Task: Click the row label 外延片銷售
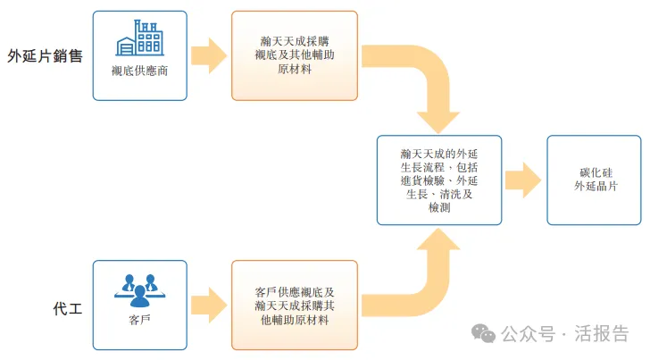click(45, 56)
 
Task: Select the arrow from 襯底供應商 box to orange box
click(209, 55)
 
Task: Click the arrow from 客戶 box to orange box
click(209, 305)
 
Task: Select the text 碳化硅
click(596, 172)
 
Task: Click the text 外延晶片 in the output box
click(596, 187)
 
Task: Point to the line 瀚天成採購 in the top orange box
click(294, 41)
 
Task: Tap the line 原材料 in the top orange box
click(294, 71)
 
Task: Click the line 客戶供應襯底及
click(294, 291)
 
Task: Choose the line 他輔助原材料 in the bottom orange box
click(294, 321)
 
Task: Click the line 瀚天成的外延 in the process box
click(438, 153)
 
